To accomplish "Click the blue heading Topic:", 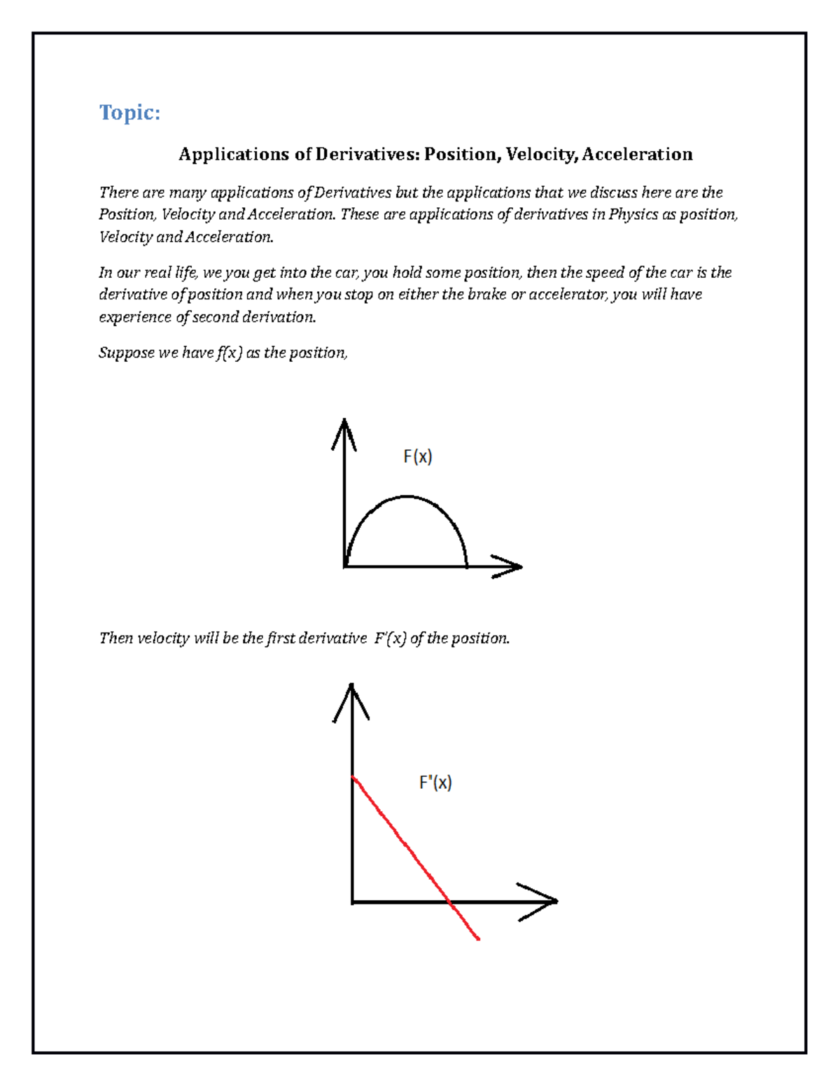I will (x=129, y=112).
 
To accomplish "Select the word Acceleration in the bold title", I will (x=637, y=155).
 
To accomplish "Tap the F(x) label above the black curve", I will (x=417, y=457).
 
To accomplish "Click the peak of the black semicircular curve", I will (x=407, y=497).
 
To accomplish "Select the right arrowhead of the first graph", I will (x=511, y=566).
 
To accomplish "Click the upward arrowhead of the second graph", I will (x=351, y=697).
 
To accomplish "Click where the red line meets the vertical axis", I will (x=353, y=777).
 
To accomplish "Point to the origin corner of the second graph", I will (x=352, y=902).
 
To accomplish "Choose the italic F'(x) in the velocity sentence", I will (x=390, y=638).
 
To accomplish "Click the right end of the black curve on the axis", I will (x=466, y=565).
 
